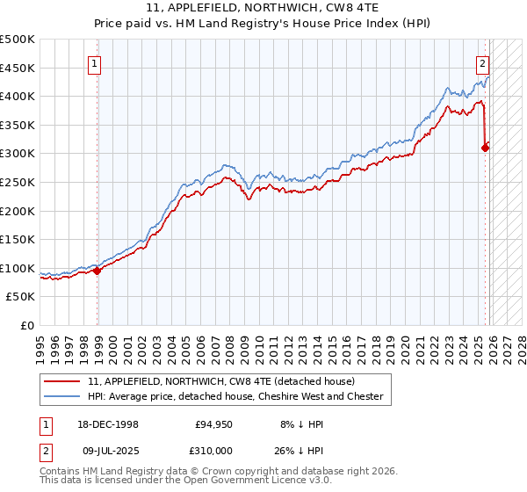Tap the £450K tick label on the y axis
pos(18,68)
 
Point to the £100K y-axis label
pos(18,268)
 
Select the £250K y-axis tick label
pos(18,182)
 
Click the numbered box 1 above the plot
pos(93,62)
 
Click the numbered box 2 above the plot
pos(483,62)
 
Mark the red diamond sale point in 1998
pos(97,271)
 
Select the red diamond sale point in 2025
pos(485,148)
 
